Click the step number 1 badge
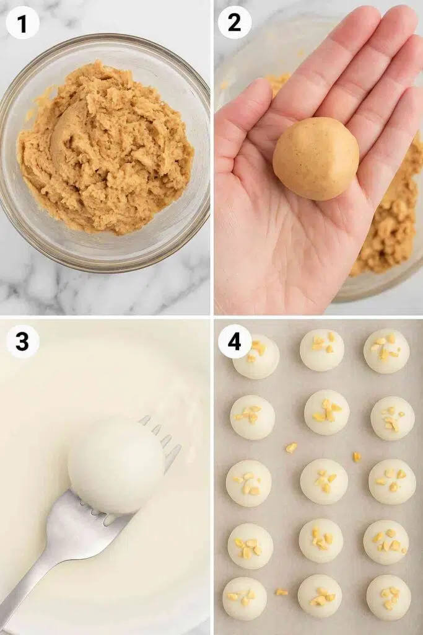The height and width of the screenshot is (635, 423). (23, 23)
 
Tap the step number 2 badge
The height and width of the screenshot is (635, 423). (235, 23)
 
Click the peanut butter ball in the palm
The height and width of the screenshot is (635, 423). (316, 158)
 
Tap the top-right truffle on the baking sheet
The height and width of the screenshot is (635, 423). (386, 351)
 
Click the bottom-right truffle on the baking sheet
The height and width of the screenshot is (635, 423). (388, 597)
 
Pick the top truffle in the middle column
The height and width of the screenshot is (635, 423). (322, 350)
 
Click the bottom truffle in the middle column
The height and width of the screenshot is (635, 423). (320, 596)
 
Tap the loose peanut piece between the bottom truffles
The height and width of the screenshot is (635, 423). (282, 592)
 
